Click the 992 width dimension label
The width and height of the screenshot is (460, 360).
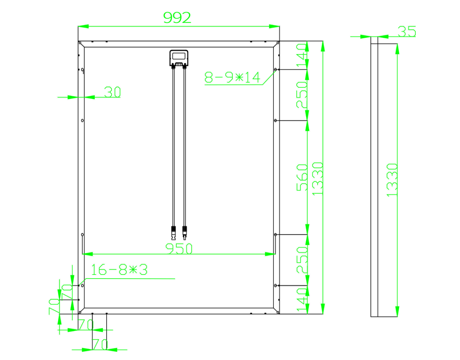(x=177, y=17)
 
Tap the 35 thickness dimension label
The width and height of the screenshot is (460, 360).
(x=406, y=32)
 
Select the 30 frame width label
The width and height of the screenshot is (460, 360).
(x=112, y=92)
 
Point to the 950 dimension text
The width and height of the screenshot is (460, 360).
(x=179, y=248)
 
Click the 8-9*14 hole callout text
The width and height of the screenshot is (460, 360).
(x=232, y=78)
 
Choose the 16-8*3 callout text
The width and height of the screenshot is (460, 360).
(x=119, y=269)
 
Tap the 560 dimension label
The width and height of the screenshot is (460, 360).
(x=302, y=177)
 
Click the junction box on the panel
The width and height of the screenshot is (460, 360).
(x=179, y=58)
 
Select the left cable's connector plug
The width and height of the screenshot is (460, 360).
(x=173, y=232)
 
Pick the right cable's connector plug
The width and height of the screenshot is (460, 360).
(x=185, y=232)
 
